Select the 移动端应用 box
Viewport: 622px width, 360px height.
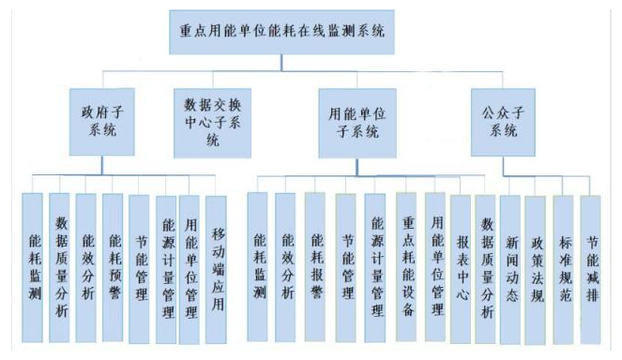coord(217,267)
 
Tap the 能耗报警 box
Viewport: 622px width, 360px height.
coord(316,267)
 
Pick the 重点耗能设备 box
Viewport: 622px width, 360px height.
coord(405,267)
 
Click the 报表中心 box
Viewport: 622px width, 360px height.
coord(460,267)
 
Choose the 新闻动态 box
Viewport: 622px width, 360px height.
coord(509,267)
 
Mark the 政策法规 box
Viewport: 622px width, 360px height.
coord(536,267)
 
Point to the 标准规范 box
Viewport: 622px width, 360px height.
coord(563,267)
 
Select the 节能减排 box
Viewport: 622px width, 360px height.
coord(589,267)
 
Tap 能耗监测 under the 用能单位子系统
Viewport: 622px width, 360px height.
coord(258,267)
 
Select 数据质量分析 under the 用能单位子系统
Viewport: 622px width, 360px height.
coord(485,267)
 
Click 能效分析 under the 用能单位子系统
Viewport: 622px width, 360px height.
coord(286,267)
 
